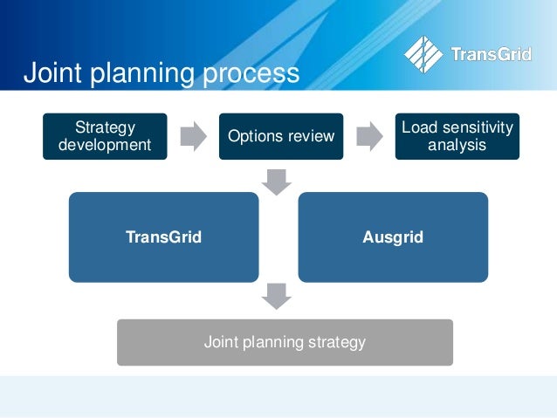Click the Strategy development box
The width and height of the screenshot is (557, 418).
[104, 136]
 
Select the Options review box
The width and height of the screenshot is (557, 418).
[280, 136]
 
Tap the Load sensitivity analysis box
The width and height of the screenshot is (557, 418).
[457, 136]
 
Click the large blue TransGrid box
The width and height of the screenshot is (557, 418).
[163, 236]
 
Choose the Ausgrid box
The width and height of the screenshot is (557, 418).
[392, 236]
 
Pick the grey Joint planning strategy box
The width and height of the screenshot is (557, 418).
[285, 342]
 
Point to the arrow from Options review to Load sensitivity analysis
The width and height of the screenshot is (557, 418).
[369, 136]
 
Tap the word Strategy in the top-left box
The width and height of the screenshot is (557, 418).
[104, 127]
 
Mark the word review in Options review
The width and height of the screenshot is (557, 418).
[313, 136]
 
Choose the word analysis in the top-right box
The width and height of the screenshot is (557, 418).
[457, 145]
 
